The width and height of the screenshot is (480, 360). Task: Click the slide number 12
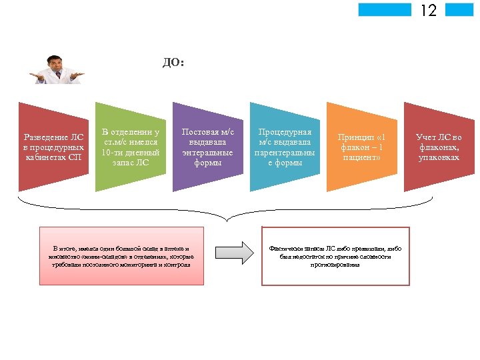[428, 10]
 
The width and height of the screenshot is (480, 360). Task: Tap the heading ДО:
[173, 63]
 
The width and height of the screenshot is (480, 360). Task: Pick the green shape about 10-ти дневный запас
[131, 147]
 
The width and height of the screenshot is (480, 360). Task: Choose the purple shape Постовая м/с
[207, 147]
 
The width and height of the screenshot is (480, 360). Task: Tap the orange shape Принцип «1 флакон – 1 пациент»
[362, 147]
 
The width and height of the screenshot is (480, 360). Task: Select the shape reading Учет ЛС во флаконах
[438, 147]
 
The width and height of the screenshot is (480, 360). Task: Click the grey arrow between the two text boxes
[235, 251]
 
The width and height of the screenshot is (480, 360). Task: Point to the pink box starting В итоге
[119, 256]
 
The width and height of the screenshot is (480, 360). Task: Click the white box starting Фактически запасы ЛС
[335, 256]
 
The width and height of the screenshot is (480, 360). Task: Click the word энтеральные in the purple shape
[207, 152]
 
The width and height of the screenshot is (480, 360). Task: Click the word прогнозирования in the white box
[335, 265]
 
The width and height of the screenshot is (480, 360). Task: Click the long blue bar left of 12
[385, 9]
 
